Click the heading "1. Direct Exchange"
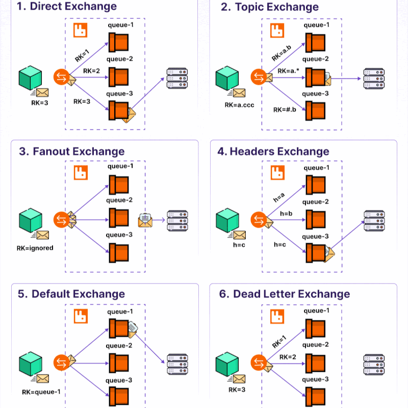(67, 7)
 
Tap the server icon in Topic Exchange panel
(373, 79)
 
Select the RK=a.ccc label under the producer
(239, 105)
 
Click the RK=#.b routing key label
(284, 110)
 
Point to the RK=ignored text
(35, 248)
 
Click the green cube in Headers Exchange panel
(227, 220)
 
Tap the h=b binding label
(286, 214)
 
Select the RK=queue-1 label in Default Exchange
(41, 392)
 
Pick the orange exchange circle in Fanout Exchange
(61, 220)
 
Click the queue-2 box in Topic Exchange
(316, 76)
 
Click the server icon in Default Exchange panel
(176, 365)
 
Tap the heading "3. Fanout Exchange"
(71, 151)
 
